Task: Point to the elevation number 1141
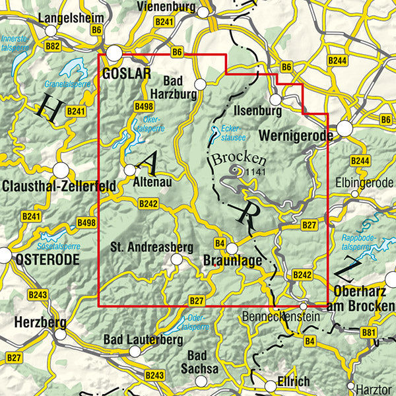click(x=255, y=172)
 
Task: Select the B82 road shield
click(x=53, y=46)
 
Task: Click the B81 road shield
click(x=369, y=332)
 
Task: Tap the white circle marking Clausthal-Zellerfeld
click(x=61, y=170)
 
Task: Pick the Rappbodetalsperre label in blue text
click(x=357, y=241)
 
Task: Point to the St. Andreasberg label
click(x=151, y=247)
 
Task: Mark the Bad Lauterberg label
click(x=143, y=339)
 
